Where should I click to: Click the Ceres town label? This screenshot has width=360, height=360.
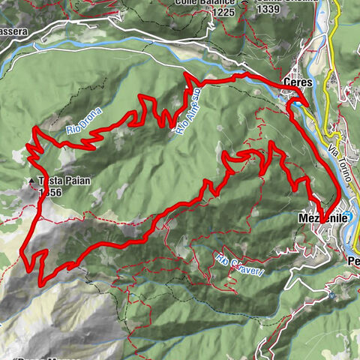tap(296, 82)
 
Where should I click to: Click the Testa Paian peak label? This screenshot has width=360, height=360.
tap(57, 181)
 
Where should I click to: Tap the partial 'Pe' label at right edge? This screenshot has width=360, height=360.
tap(353, 260)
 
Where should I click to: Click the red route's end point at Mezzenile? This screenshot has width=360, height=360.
tap(321, 218)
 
